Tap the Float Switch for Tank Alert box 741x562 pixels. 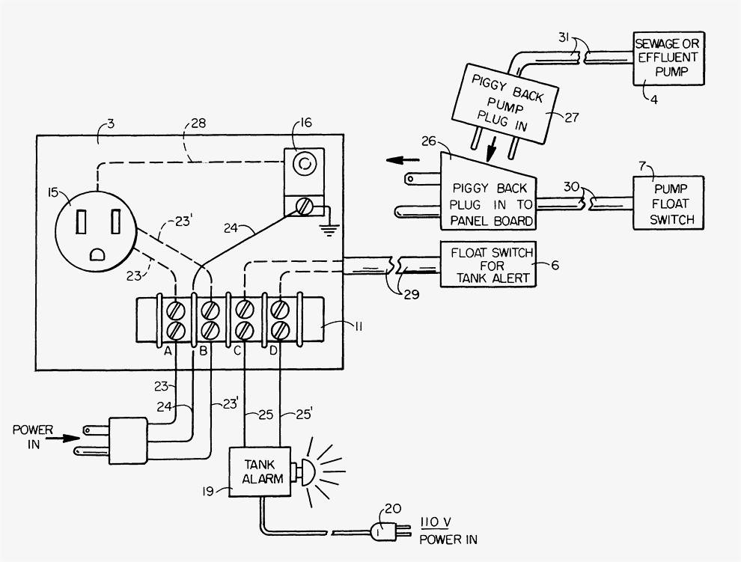click(488, 266)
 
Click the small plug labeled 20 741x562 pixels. click(383, 531)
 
